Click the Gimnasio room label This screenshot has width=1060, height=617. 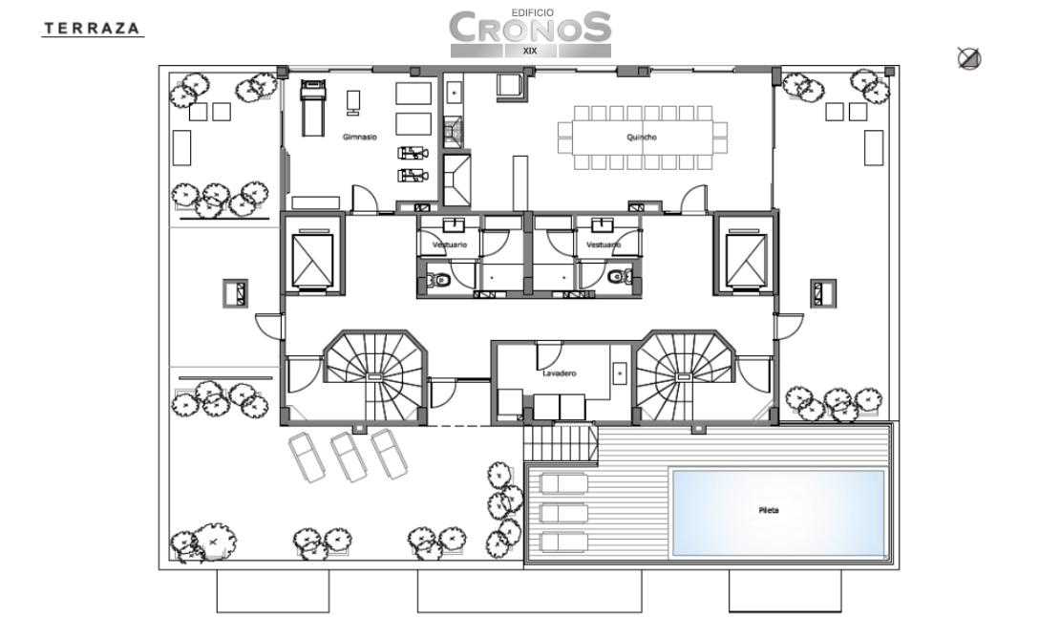click(360, 138)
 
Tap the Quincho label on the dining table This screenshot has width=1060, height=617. click(642, 138)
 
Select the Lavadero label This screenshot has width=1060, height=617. click(559, 373)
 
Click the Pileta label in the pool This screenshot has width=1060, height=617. click(769, 510)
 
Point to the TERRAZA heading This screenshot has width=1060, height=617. click(93, 29)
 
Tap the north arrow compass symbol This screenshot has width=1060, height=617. click(969, 59)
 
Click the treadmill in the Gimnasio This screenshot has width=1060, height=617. click(311, 108)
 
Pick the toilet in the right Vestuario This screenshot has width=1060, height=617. click(619, 277)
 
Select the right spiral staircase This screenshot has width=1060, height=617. click(684, 375)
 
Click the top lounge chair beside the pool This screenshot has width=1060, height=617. click(563, 484)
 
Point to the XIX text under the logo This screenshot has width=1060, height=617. click(531, 51)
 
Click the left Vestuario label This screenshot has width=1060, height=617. click(450, 245)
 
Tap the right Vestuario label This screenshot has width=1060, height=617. click(604, 245)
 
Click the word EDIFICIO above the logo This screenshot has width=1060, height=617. click(532, 12)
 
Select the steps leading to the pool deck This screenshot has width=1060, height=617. click(562, 445)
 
